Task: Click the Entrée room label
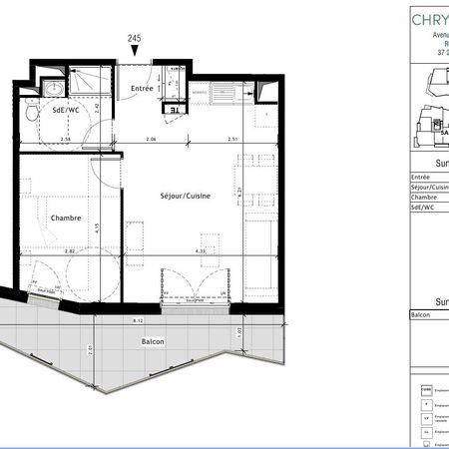(x=142, y=89)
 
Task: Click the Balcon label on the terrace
(x=152, y=341)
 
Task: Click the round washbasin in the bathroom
(x=52, y=89)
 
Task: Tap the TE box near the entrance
(x=173, y=110)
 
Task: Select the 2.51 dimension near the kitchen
(x=232, y=140)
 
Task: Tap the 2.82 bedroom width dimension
(x=71, y=251)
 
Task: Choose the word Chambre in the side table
(x=423, y=198)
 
